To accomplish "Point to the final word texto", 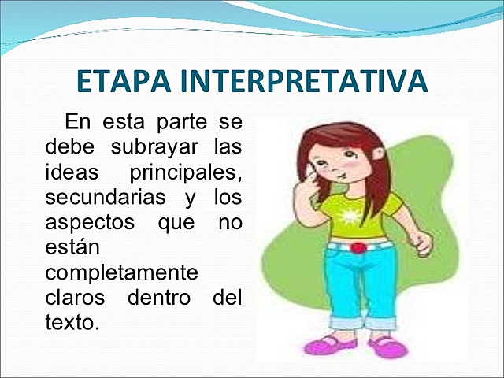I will [x=70, y=323].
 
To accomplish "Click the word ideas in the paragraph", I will [x=67, y=170].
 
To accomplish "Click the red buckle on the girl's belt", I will [x=359, y=247].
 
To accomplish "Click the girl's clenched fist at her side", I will [x=423, y=243].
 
